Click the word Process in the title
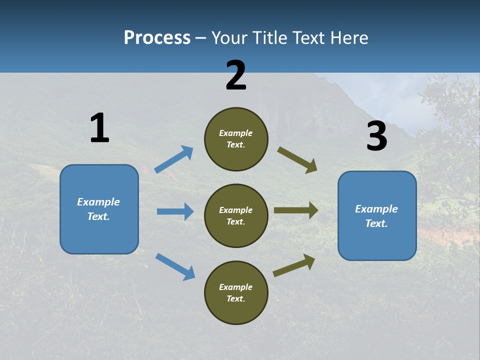pos(157,38)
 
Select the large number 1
pos(99,128)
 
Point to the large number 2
pos(236,75)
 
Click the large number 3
pos(376,136)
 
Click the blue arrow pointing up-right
pos(174,159)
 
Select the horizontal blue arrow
pos(175,211)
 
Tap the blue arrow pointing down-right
pos(175,266)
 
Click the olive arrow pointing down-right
pos(297,160)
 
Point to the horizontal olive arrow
pos(296,210)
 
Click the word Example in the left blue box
pos(98,202)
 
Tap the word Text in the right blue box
pos(376,223)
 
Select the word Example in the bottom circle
pos(236,287)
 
